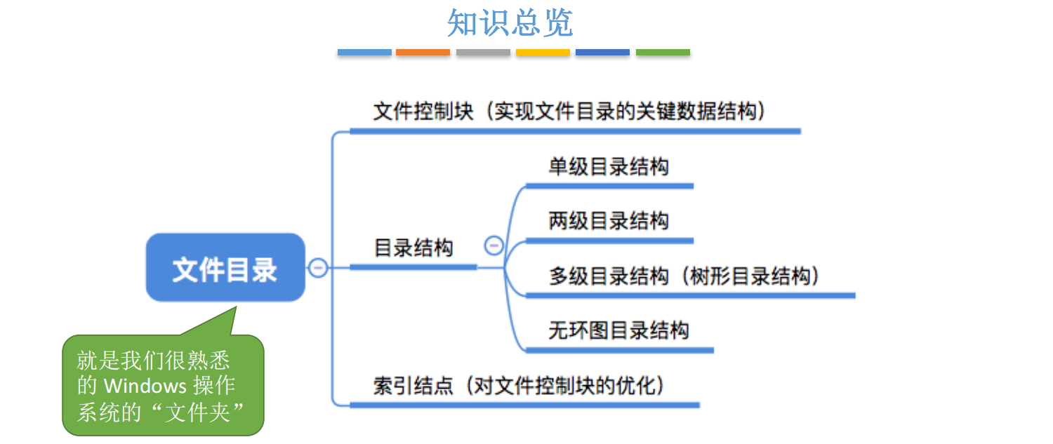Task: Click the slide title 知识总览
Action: pos(510,22)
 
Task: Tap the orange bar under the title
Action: pos(423,53)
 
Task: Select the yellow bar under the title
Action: pos(543,53)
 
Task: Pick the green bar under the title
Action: pos(663,53)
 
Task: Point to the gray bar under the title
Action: pos(483,53)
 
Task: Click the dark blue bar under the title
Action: pos(602,53)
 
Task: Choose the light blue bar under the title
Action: pos(364,53)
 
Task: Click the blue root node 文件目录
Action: pos(225,269)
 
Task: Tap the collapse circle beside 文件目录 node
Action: pos(318,267)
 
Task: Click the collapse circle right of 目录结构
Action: pos(494,245)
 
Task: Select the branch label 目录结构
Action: pos(413,248)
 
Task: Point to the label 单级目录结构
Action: pos(609,167)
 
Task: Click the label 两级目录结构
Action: pos(609,221)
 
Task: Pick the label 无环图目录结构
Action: pos(618,330)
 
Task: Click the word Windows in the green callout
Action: pos(145,386)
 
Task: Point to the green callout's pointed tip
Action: pos(235,308)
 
